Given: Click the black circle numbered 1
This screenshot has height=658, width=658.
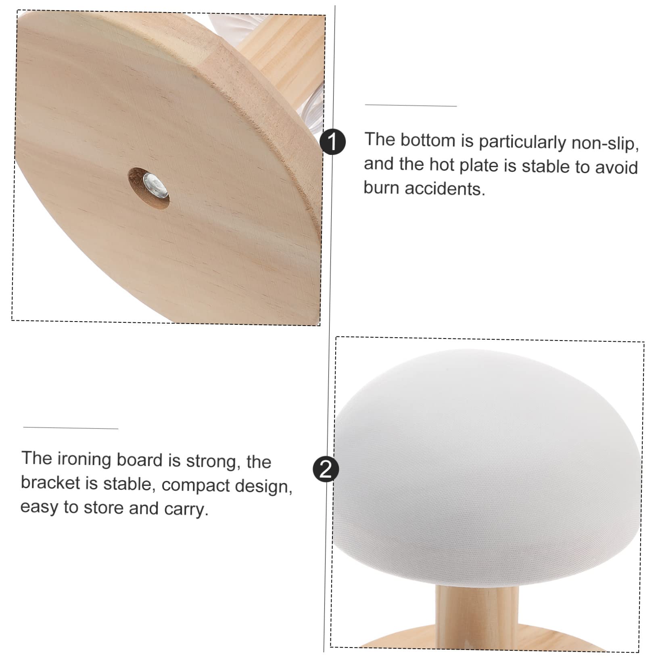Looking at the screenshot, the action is (x=332, y=142).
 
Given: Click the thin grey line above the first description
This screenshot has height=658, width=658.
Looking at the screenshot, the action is (x=411, y=106).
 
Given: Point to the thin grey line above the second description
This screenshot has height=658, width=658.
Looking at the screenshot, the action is (x=71, y=428).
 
